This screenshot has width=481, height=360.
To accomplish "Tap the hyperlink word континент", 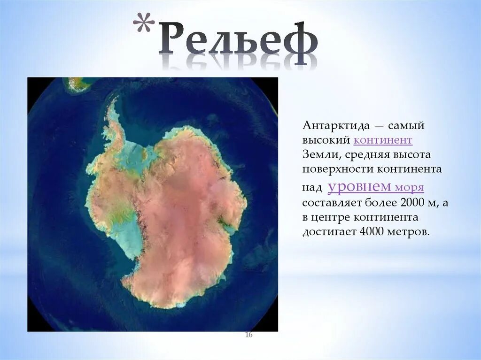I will [383, 140].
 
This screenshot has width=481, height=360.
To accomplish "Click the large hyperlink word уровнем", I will [359, 186].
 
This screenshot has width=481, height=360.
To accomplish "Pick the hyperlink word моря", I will [409, 188].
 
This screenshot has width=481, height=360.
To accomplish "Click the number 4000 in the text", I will [371, 232].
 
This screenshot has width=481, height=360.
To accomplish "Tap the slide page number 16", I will [248, 335].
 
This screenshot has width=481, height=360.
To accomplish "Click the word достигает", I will [329, 232].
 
